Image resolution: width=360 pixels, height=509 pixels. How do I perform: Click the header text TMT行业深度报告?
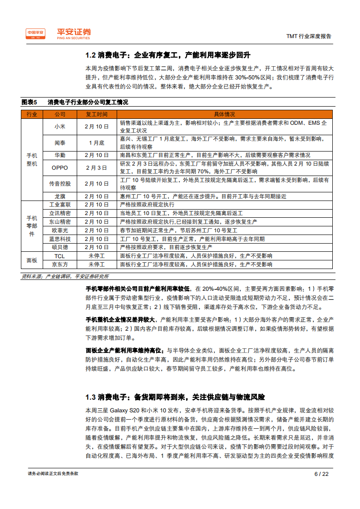click(309, 36)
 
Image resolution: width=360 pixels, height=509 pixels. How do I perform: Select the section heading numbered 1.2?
click(168, 55)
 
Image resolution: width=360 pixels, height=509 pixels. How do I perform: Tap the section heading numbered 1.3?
click(175, 397)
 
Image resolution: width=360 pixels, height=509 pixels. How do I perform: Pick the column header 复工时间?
click(96, 114)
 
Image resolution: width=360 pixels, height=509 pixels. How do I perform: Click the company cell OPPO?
click(60, 168)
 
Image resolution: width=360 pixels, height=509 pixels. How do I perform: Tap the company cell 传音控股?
click(60, 184)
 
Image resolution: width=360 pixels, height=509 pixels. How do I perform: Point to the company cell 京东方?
click(60, 264)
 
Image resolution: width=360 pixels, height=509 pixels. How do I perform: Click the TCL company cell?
click(60, 256)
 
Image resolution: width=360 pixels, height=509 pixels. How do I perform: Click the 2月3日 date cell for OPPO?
click(96, 168)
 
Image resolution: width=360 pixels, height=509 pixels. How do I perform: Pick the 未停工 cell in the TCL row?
click(96, 256)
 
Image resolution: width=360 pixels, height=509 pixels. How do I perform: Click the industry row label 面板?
click(32, 260)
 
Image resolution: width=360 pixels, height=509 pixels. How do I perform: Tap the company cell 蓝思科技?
click(60, 239)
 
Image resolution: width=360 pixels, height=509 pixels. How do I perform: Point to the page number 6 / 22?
click(321, 474)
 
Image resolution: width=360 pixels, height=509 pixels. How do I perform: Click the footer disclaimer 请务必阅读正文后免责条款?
click(53, 474)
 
